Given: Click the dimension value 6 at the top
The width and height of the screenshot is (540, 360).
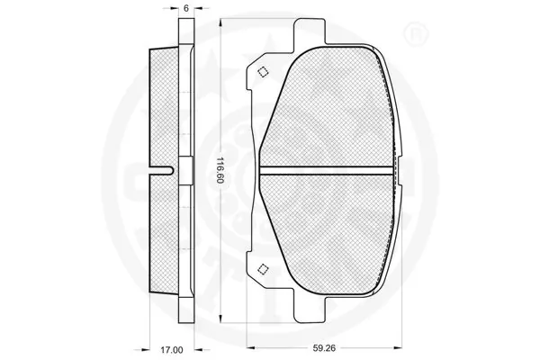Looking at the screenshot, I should (185, 7).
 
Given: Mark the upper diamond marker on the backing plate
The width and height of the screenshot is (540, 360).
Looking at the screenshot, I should (262, 73).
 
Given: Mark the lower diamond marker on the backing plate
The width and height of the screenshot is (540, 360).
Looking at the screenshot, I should (262, 267).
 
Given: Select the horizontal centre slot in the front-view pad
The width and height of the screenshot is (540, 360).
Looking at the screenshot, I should (328, 170).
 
